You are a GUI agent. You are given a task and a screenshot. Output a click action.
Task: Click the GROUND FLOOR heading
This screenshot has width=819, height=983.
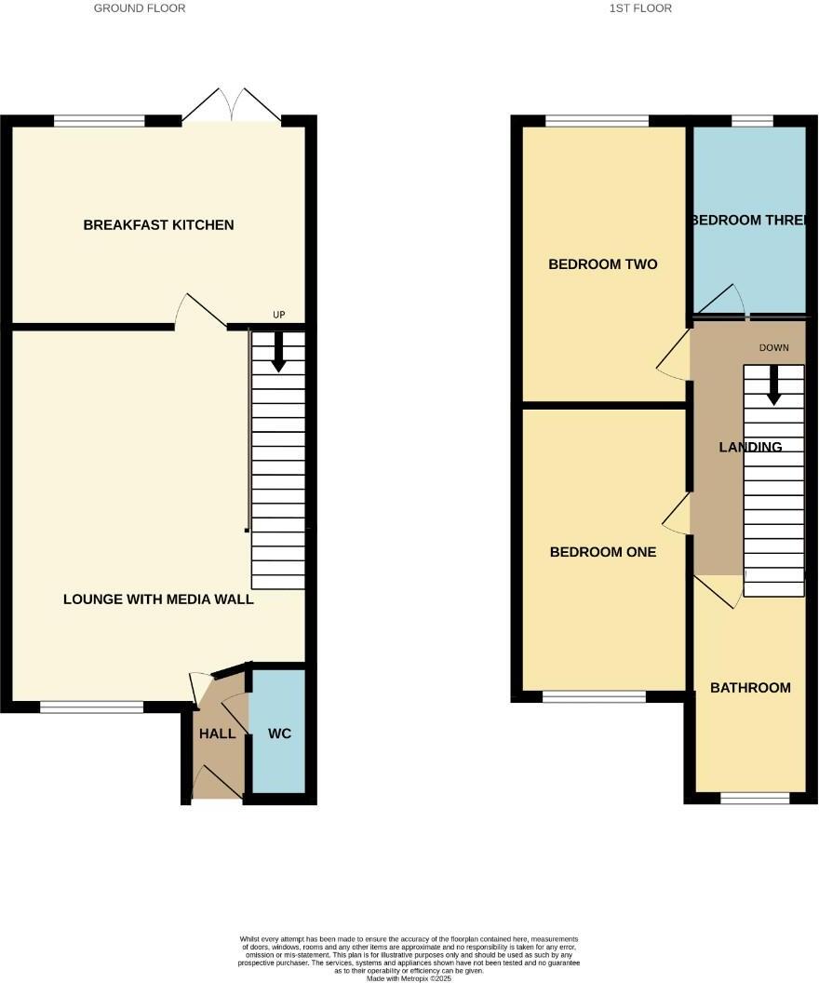[140, 8]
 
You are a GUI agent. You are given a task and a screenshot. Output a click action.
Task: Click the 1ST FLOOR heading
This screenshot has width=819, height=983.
[640, 8]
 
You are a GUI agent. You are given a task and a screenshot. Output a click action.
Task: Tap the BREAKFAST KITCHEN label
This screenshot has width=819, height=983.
[158, 225]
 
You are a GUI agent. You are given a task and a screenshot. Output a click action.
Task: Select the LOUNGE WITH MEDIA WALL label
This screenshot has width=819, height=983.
[158, 599]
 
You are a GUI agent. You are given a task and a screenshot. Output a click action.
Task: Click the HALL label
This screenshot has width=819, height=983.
[217, 734]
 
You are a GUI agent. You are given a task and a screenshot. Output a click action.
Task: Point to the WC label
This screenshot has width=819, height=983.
[279, 734]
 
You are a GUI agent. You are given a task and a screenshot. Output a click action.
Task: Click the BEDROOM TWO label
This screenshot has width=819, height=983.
[603, 264]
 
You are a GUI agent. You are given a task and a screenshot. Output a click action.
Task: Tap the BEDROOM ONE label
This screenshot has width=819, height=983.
[603, 552]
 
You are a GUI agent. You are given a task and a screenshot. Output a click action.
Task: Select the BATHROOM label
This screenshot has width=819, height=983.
[750, 688]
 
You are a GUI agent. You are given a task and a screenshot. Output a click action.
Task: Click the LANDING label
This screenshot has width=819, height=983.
[750, 447]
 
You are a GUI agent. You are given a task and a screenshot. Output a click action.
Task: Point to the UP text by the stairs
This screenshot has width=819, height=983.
[278, 316]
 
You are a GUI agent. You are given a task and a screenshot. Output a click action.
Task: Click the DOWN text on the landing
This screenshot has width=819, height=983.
[773, 348]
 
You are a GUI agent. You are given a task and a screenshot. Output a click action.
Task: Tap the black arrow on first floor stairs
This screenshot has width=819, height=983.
[773, 384]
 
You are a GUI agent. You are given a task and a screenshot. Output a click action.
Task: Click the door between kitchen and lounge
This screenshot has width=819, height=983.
[201, 313]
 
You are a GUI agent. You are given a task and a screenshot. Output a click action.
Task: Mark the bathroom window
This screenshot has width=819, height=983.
[754, 798]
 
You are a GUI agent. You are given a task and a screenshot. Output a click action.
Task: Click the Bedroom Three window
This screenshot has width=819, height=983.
[752, 120]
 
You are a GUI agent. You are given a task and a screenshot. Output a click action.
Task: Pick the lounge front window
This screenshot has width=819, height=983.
[91, 707]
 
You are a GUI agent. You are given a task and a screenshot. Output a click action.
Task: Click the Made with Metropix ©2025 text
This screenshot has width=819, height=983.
[409, 978]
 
